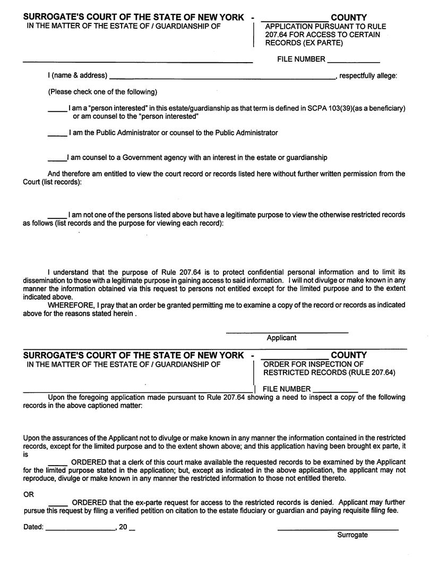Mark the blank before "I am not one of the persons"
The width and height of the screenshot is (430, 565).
(x=57, y=216)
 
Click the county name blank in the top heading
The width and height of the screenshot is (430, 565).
(x=294, y=20)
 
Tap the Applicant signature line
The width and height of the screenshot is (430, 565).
(x=287, y=332)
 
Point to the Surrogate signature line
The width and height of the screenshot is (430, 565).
(x=338, y=529)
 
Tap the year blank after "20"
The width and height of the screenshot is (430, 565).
(x=132, y=530)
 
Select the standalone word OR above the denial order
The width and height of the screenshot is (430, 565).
(x=29, y=494)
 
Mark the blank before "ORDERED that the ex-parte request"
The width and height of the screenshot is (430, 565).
(x=58, y=504)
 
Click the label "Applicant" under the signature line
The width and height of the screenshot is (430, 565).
(x=281, y=338)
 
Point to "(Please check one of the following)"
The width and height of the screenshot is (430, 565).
(x=102, y=92)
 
